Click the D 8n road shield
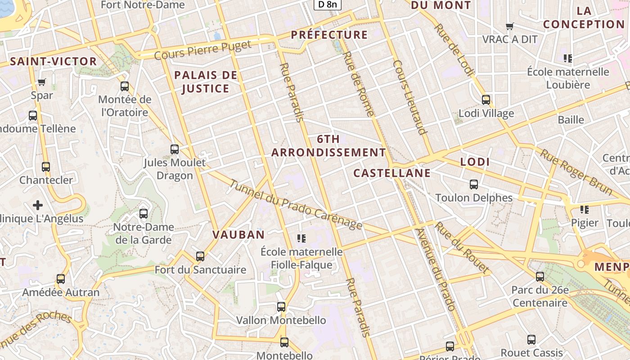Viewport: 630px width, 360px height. point(327,4)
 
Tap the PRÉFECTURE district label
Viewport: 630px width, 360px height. point(329,35)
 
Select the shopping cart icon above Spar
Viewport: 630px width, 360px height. point(42,82)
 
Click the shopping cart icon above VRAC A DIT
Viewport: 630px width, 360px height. point(510,26)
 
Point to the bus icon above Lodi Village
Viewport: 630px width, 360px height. point(486,99)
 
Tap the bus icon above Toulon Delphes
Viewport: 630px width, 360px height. point(473,184)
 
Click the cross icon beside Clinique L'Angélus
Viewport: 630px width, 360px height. point(38,205)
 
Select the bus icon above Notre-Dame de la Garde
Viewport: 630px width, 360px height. point(144,213)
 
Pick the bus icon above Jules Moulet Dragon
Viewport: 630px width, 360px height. point(174,149)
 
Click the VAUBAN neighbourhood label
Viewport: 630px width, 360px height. point(238,234)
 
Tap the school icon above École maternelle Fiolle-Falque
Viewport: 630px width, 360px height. point(301,238)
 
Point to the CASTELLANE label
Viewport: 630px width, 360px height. point(391,173)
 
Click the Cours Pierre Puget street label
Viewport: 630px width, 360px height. point(202,50)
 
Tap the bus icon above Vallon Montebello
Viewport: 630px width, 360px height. point(281,307)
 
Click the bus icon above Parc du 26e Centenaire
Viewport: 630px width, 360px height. point(540,277)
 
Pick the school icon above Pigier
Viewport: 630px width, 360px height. point(585,209)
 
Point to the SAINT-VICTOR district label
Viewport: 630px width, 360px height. point(53,62)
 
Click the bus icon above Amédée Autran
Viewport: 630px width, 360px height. point(61,279)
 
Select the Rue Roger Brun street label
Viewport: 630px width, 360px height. point(576,173)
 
